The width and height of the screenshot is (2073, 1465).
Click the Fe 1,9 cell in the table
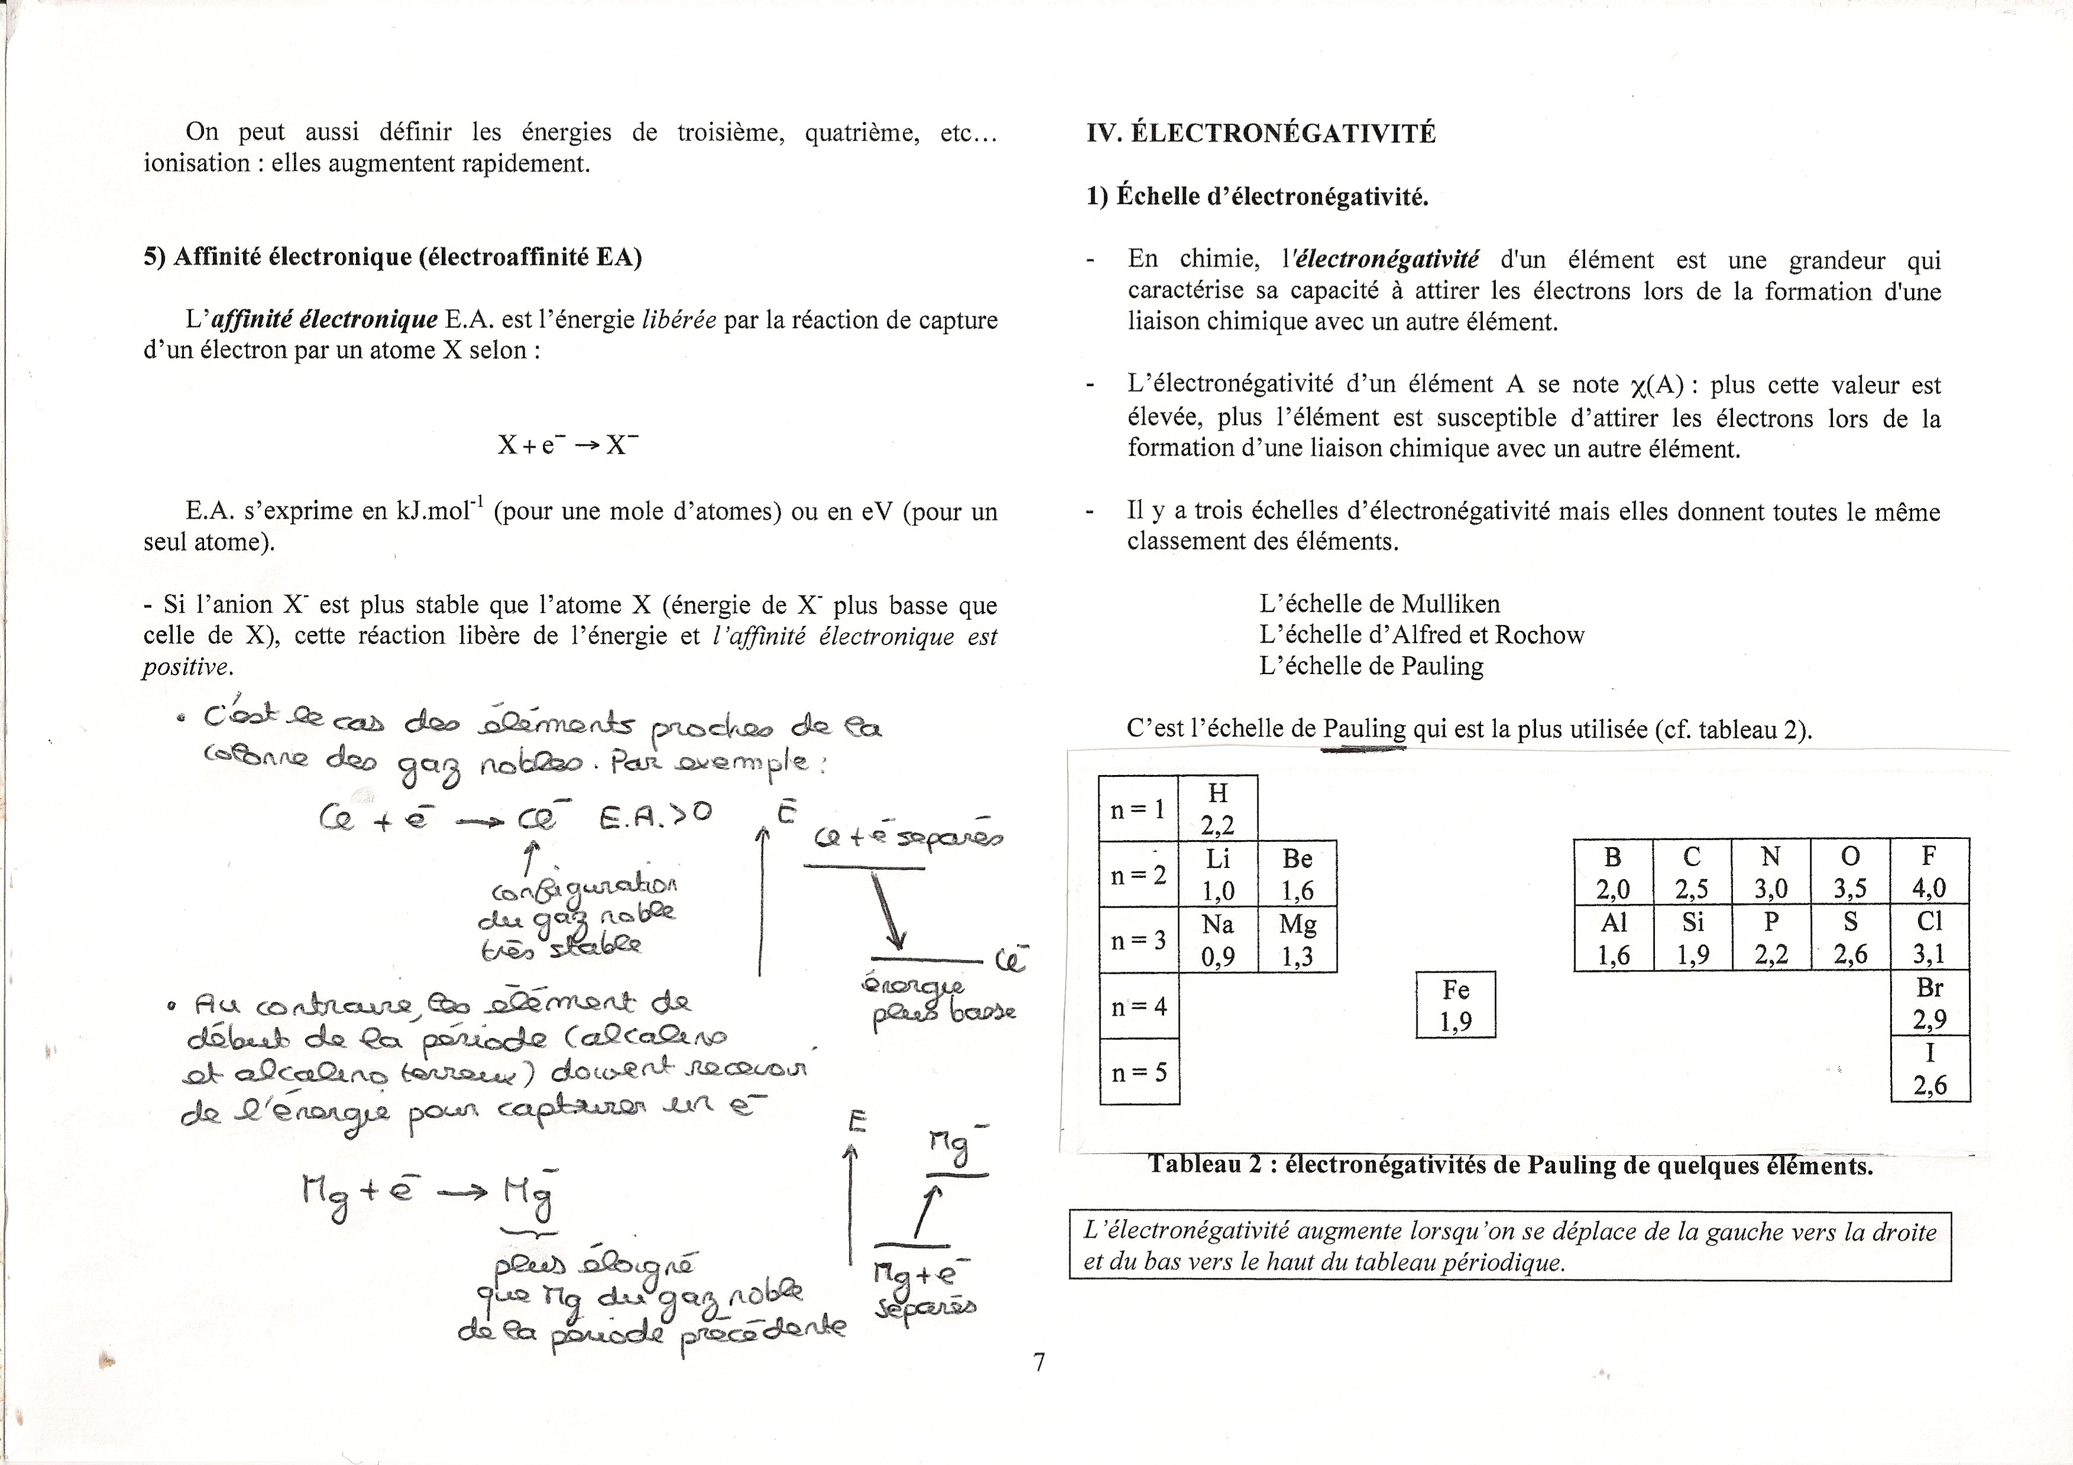(1456, 1004)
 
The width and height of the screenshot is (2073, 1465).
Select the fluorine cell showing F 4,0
(1929, 871)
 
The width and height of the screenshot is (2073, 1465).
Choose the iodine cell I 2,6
(1929, 1069)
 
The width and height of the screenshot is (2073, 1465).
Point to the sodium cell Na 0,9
(1218, 939)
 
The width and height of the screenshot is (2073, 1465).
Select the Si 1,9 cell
(1692, 937)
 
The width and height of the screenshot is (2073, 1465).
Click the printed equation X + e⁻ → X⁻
(568, 445)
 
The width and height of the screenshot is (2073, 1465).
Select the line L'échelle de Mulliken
(1380, 604)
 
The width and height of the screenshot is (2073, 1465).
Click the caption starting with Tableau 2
(1511, 1165)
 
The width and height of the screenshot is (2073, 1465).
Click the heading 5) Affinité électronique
(393, 257)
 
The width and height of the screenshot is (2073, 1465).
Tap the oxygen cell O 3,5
(1850, 871)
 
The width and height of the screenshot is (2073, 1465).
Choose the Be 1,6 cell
(1298, 874)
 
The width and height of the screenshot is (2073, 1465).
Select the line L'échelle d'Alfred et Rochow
(1422, 634)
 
